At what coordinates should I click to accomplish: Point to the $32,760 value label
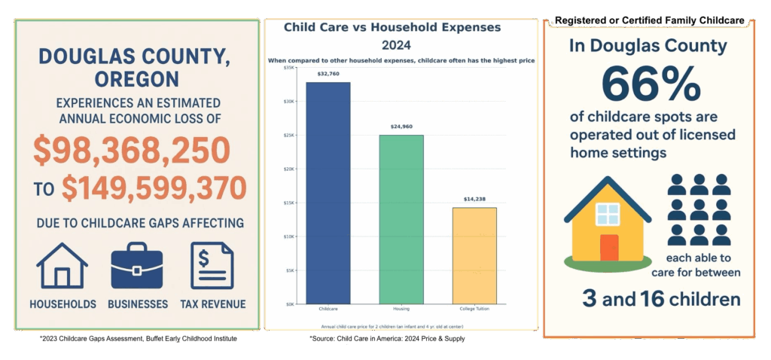pos(328,75)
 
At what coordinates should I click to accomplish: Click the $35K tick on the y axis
pos(290,68)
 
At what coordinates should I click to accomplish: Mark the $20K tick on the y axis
pos(290,169)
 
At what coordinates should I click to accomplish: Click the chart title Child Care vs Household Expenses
pos(392,27)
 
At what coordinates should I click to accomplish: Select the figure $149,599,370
pos(154,187)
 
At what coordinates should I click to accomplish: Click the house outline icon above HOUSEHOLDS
pos(62,266)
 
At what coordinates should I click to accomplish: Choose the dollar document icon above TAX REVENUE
pos(212,266)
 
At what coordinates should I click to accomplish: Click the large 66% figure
pos(651,86)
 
